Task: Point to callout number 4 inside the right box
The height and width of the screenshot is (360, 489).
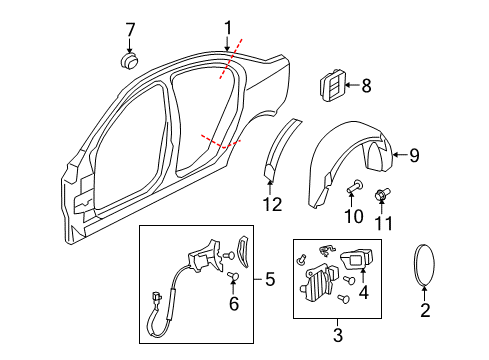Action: coord(364,294)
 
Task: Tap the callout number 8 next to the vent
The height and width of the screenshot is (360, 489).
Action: coord(365,86)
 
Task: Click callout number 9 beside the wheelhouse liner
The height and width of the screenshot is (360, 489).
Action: coord(415,154)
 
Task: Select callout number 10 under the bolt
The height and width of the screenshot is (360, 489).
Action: coord(352,216)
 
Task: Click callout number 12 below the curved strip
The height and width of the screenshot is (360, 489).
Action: coord(267,205)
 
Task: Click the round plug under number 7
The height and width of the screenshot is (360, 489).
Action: coord(129,62)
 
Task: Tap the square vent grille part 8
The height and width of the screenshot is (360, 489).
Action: coord(331,86)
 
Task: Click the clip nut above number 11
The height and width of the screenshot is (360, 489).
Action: coord(381,191)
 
